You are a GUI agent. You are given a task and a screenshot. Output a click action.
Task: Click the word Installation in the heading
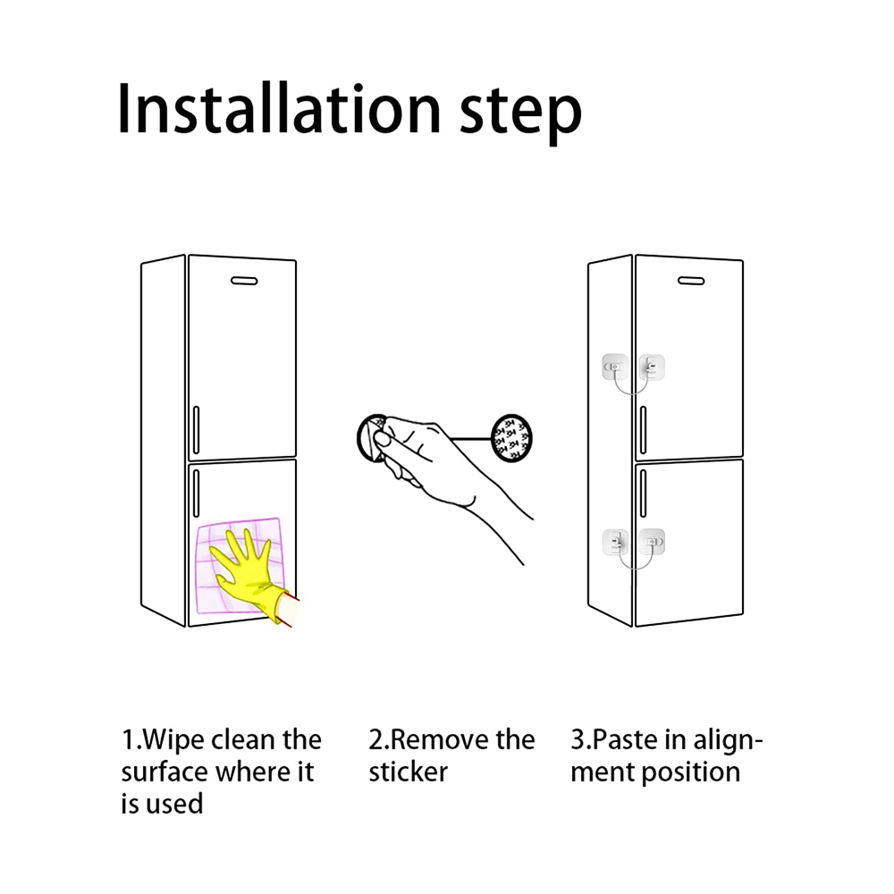tap(279, 108)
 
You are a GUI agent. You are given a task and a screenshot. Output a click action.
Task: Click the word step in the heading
tap(520, 114)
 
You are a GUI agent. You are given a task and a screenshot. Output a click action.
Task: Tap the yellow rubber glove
tap(251, 576)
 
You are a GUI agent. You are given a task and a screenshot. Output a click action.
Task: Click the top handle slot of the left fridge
tap(244, 281)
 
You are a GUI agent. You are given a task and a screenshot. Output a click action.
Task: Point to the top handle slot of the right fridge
tap(691, 281)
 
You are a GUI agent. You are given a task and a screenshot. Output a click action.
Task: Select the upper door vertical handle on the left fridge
tap(196, 430)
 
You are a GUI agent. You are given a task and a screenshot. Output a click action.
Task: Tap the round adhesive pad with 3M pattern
tap(511, 438)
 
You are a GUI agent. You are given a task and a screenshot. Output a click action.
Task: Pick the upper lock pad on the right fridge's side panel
tap(615, 367)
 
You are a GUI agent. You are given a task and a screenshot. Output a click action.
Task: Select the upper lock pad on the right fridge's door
tap(652, 367)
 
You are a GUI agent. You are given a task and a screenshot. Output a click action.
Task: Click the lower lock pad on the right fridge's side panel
tap(615, 542)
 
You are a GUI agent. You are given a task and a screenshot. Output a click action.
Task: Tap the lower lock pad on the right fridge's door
tap(652, 542)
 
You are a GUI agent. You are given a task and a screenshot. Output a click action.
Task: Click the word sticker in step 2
tap(408, 772)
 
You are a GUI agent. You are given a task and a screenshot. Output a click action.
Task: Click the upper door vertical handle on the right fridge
tap(643, 430)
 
